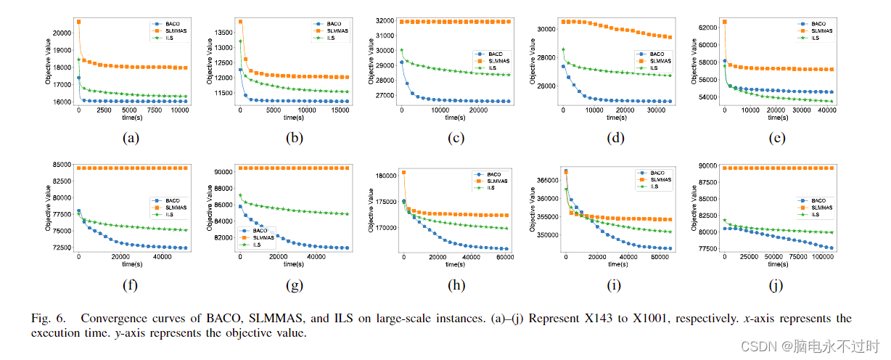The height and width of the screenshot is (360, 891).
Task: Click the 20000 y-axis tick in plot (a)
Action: point(63,33)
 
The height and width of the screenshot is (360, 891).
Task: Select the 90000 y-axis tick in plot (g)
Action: point(222,172)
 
